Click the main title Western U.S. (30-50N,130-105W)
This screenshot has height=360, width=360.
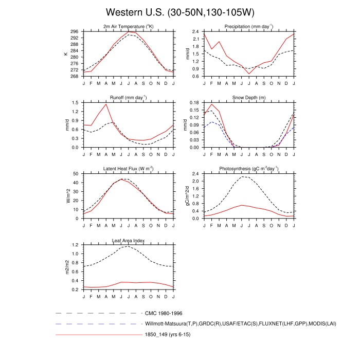coord(180,12)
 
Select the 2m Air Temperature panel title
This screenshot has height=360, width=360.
coord(128,26)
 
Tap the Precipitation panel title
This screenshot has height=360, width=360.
coord(249,26)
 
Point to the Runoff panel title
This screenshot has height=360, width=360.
coord(128,97)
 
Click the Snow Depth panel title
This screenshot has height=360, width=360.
coord(249,97)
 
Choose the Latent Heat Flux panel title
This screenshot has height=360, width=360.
coord(128,168)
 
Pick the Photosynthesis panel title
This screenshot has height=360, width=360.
coord(249,168)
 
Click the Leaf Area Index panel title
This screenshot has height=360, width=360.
coord(128,240)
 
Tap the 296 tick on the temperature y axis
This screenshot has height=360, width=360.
coord(75,31)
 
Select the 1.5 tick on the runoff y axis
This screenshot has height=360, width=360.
coord(76,102)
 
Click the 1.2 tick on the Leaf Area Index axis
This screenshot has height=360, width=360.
coord(76,245)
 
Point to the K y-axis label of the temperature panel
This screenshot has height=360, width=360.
coord(65,53)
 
